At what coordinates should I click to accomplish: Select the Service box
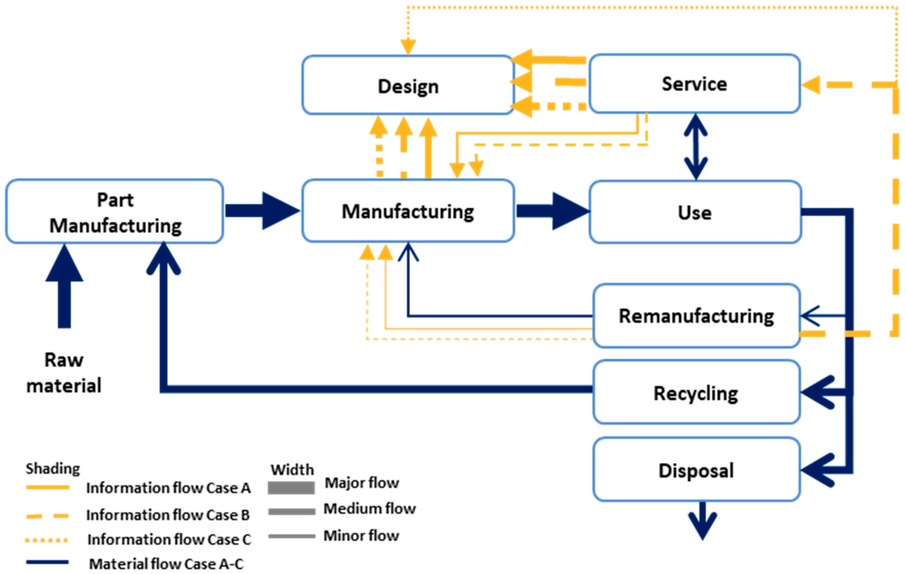[x=694, y=84]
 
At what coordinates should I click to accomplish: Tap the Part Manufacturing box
[x=115, y=212]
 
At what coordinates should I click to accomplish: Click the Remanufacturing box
[x=696, y=315]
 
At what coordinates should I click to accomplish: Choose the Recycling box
[x=696, y=393]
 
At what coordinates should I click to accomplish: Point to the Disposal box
[x=696, y=470]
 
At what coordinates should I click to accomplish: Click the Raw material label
[x=64, y=373]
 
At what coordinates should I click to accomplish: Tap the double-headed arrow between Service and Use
[x=695, y=147]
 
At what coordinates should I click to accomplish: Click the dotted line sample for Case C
[x=47, y=540]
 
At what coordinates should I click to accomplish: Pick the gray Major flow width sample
[x=291, y=488]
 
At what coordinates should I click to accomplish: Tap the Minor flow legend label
[x=361, y=535]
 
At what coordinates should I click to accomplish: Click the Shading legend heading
[x=53, y=469]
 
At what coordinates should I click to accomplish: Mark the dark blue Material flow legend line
[x=47, y=562]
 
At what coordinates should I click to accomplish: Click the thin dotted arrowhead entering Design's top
[x=408, y=47]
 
